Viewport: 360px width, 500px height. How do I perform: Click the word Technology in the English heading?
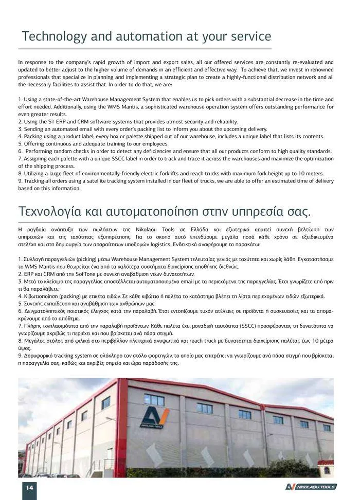coord(56,37)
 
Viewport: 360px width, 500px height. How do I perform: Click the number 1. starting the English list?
coord(20,99)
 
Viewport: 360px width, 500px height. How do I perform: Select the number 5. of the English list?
coord(20,144)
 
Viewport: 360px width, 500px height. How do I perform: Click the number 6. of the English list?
coord(20,151)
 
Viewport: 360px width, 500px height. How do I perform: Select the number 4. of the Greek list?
coord(20,297)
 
